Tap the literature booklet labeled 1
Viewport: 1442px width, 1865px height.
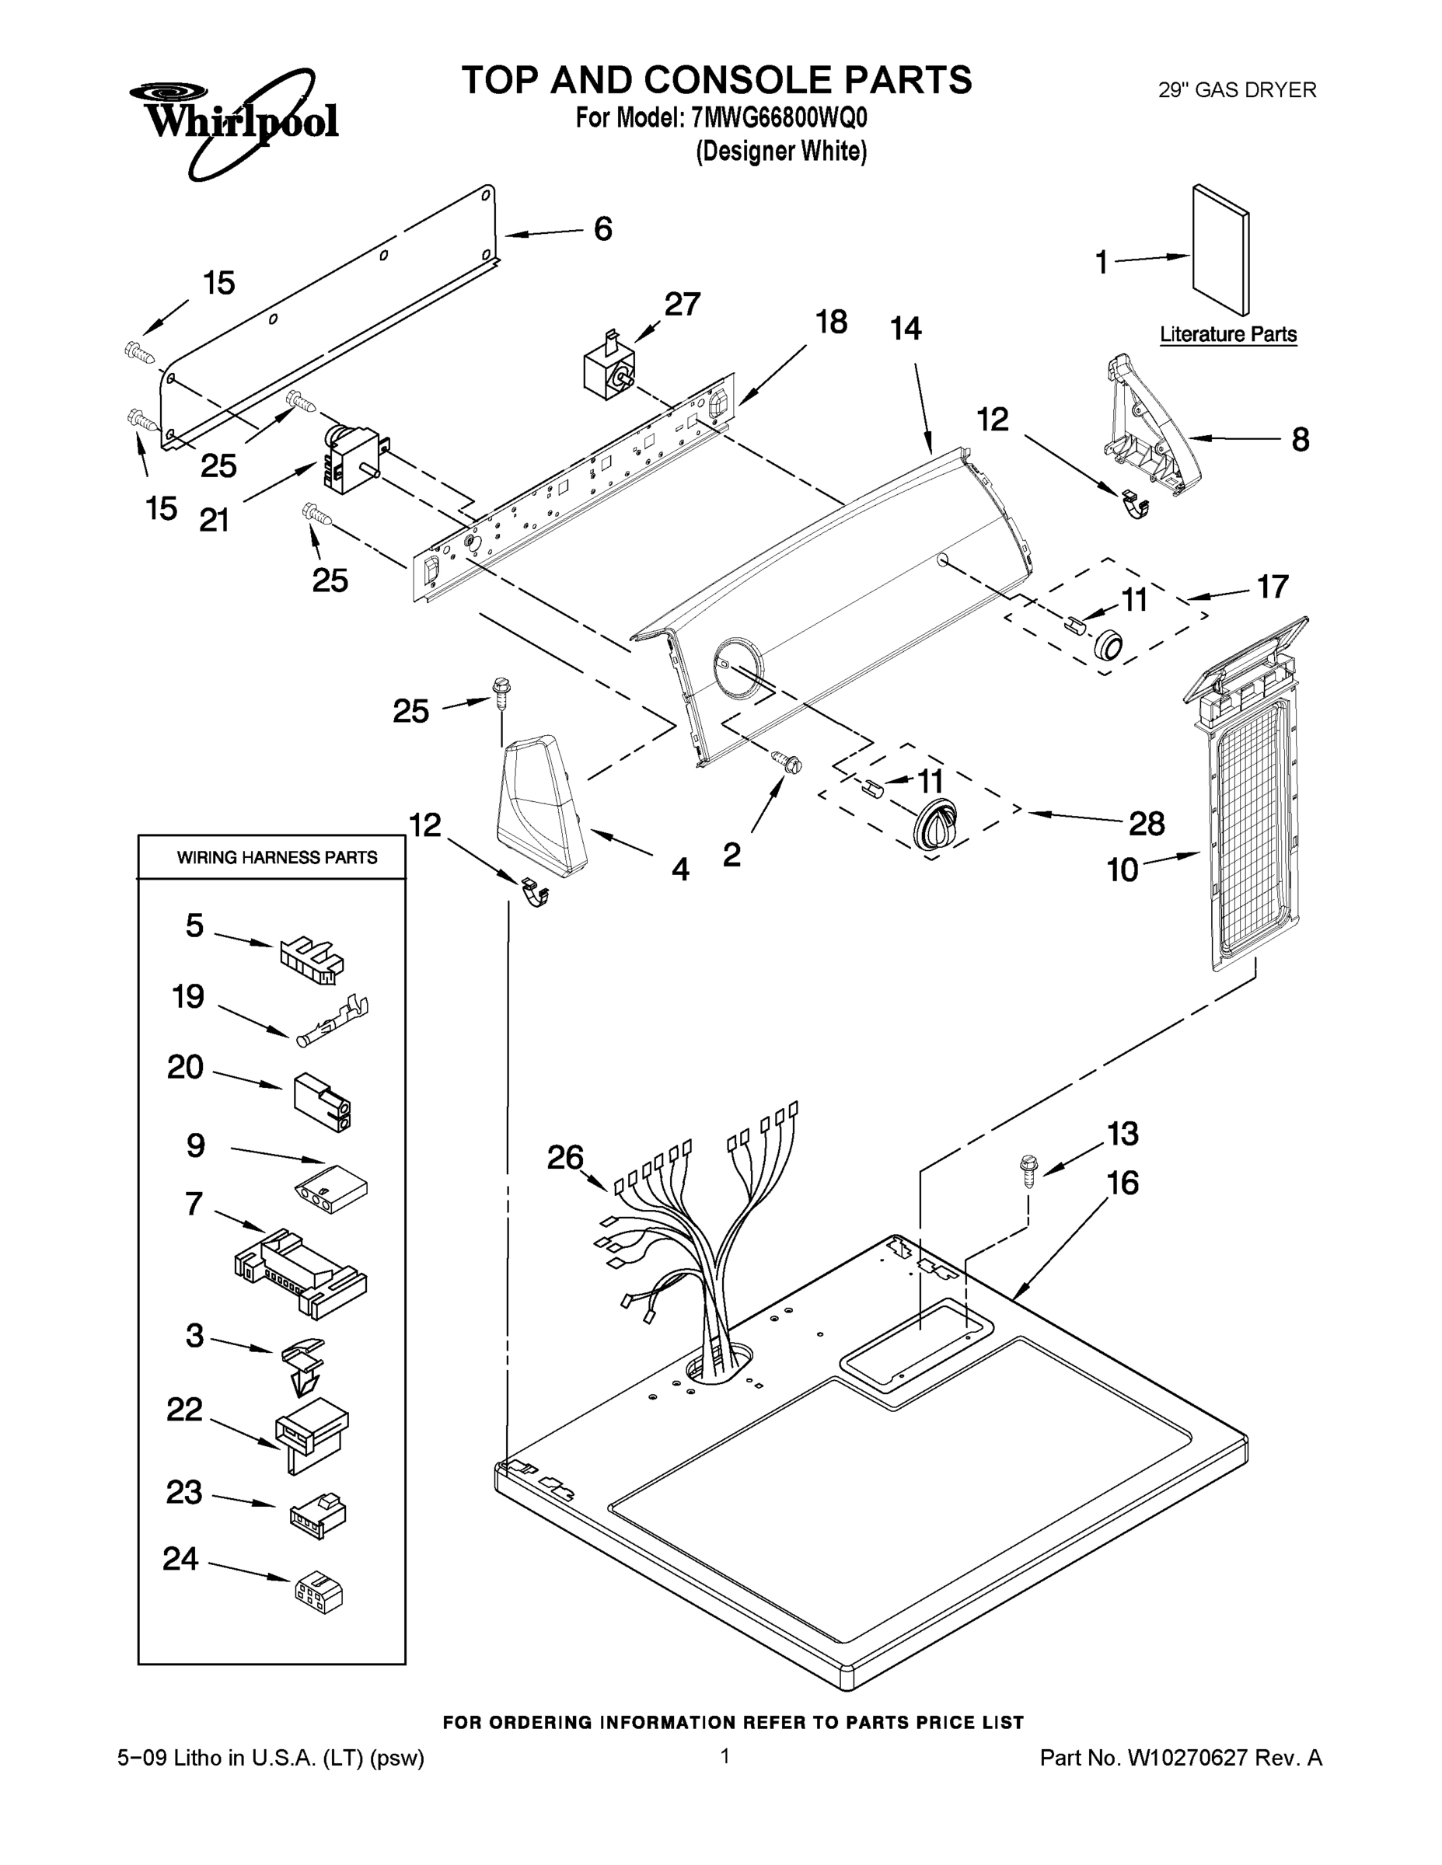(x=1220, y=250)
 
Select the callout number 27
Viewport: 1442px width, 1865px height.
(x=682, y=304)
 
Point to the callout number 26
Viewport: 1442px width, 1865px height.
(x=564, y=1158)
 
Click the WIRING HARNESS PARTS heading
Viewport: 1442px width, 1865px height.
(x=277, y=857)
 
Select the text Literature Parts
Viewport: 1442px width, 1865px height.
(x=1227, y=335)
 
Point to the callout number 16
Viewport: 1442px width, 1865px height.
(x=1123, y=1183)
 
